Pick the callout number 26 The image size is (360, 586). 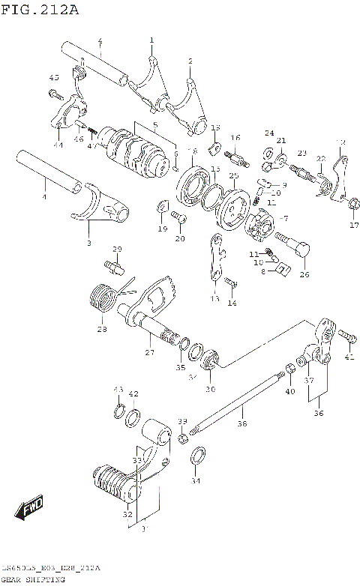(304, 274)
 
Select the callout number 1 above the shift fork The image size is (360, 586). (151, 40)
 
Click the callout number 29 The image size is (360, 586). (117, 249)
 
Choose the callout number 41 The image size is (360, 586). (348, 357)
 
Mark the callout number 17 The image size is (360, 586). (354, 224)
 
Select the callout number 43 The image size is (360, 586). (117, 390)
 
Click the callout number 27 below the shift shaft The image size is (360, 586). (149, 351)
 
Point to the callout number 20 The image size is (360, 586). (179, 238)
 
